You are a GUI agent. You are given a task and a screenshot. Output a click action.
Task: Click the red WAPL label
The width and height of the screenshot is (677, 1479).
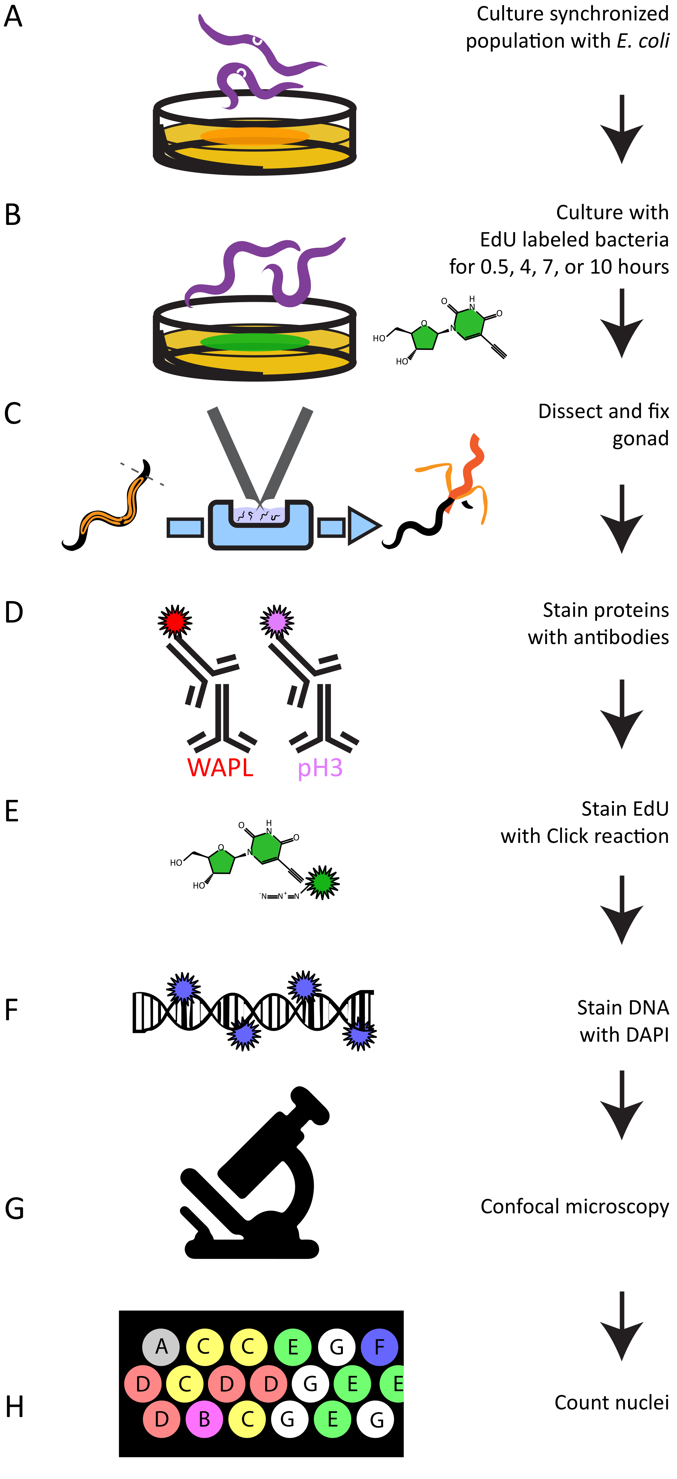point(220,768)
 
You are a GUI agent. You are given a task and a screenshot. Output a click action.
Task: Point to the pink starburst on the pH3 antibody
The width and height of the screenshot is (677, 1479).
point(277,621)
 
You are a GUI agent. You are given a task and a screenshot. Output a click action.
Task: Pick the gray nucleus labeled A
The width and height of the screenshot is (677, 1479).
point(161,1346)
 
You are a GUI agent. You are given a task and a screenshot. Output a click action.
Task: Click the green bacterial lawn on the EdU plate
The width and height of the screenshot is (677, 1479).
point(255,342)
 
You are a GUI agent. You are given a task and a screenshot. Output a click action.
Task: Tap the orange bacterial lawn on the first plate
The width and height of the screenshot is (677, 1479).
point(255,136)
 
